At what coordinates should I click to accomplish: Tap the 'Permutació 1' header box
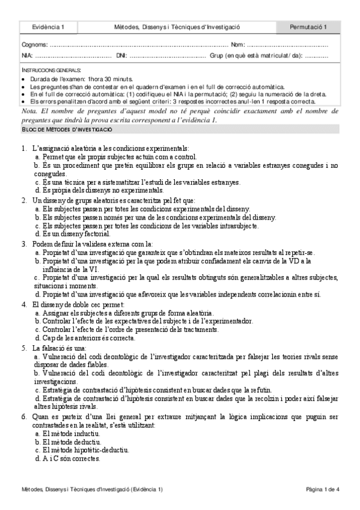click(x=308, y=27)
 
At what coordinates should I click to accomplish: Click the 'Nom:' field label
click(x=237, y=45)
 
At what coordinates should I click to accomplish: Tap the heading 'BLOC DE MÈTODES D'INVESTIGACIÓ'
click(x=66, y=130)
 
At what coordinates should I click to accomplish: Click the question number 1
click(x=23, y=149)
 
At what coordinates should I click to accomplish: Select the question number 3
click(x=23, y=244)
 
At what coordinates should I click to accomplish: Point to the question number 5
click(x=23, y=348)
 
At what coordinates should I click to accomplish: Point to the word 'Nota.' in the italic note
click(x=29, y=112)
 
